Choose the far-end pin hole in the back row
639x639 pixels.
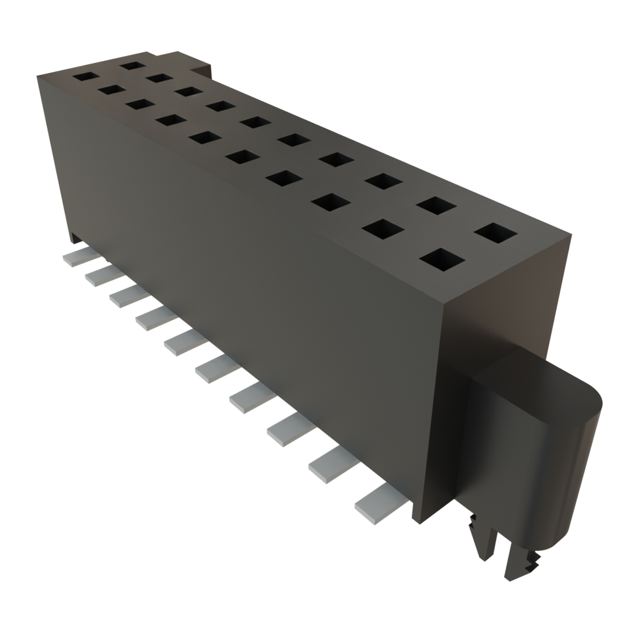point(132,64)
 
